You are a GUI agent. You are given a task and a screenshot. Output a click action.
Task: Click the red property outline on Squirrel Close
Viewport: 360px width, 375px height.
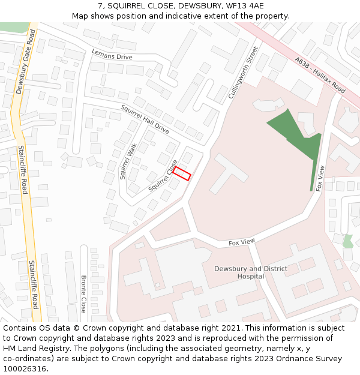pyautogui.click(x=181, y=173)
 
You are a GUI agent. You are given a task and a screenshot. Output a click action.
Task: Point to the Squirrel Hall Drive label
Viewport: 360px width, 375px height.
pyautogui.click(x=145, y=118)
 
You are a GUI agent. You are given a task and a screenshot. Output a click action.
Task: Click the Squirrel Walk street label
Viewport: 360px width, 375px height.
pyautogui.click(x=128, y=161)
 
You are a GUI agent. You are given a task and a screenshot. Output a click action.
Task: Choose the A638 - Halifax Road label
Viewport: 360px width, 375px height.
pyautogui.click(x=320, y=75)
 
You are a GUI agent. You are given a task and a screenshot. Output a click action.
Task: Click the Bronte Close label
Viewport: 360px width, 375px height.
pyautogui.click(x=83, y=293)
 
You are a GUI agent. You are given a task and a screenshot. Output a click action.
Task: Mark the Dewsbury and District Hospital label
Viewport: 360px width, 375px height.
pyautogui.click(x=251, y=272)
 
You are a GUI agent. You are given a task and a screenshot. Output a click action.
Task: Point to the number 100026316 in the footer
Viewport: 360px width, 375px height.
pyautogui.click(x=26, y=368)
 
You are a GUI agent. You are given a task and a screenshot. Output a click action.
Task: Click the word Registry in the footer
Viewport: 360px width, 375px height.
pyautogui.click(x=67, y=348)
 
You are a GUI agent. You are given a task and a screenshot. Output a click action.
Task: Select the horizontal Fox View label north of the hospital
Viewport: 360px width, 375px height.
pyautogui.click(x=242, y=242)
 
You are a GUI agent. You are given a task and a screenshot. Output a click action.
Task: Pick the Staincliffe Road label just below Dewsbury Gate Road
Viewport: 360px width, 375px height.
pyautogui.click(x=22, y=170)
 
